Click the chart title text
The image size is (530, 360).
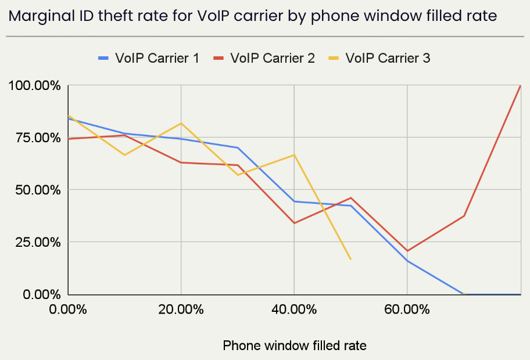point(253,16)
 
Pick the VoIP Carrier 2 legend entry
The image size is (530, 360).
point(264,58)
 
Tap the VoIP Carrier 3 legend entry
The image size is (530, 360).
point(379,58)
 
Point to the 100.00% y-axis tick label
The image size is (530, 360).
point(34,86)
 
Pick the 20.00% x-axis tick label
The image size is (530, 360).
point(181,309)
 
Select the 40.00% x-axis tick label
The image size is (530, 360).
point(293,309)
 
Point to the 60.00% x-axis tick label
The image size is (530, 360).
point(407,309)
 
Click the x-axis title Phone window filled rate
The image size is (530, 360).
point(295,345)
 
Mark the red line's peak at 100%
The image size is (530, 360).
point(520,86)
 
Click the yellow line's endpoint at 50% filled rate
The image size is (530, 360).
point(350,259)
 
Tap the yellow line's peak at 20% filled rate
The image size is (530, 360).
point(181,123)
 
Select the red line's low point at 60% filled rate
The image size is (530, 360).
point(407,251)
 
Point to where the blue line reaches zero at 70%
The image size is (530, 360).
point(463,294)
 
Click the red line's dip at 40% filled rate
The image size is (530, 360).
point(294,223)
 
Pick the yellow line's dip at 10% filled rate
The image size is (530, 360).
point(124,155)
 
